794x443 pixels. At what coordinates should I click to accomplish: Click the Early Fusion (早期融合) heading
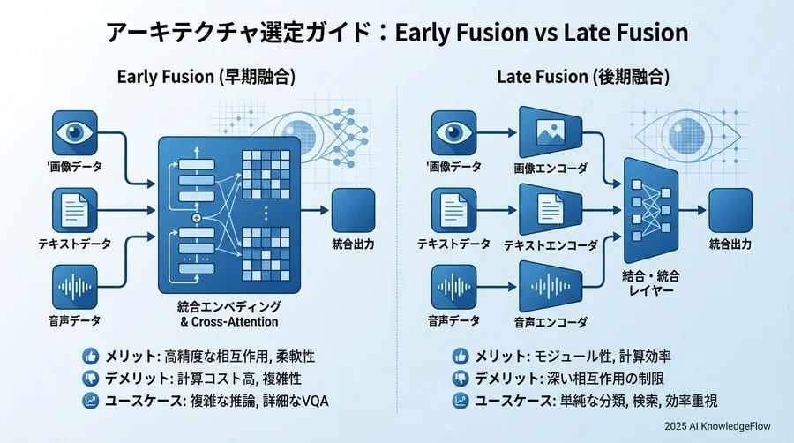(206, 78)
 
